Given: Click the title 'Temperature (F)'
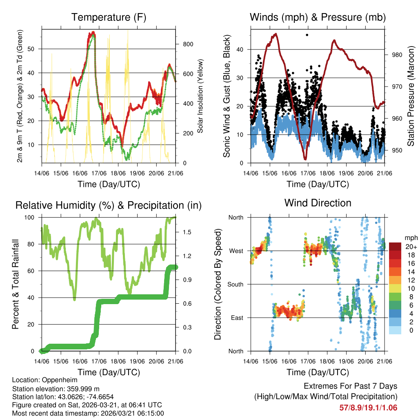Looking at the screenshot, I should point(109,17).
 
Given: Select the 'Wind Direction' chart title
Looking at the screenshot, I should point(318,202).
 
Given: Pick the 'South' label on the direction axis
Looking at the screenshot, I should point(236,284).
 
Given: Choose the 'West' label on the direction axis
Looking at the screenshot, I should point(236,251).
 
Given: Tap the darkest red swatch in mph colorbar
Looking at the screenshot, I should point(395,247).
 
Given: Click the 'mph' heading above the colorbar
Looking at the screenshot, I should point(410,238).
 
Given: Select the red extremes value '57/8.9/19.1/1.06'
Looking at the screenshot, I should point(368,407).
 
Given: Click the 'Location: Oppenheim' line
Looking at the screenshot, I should point(44,380).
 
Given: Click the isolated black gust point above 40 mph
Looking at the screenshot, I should point(307,35).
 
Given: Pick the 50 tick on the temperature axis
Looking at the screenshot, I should point(35,49).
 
